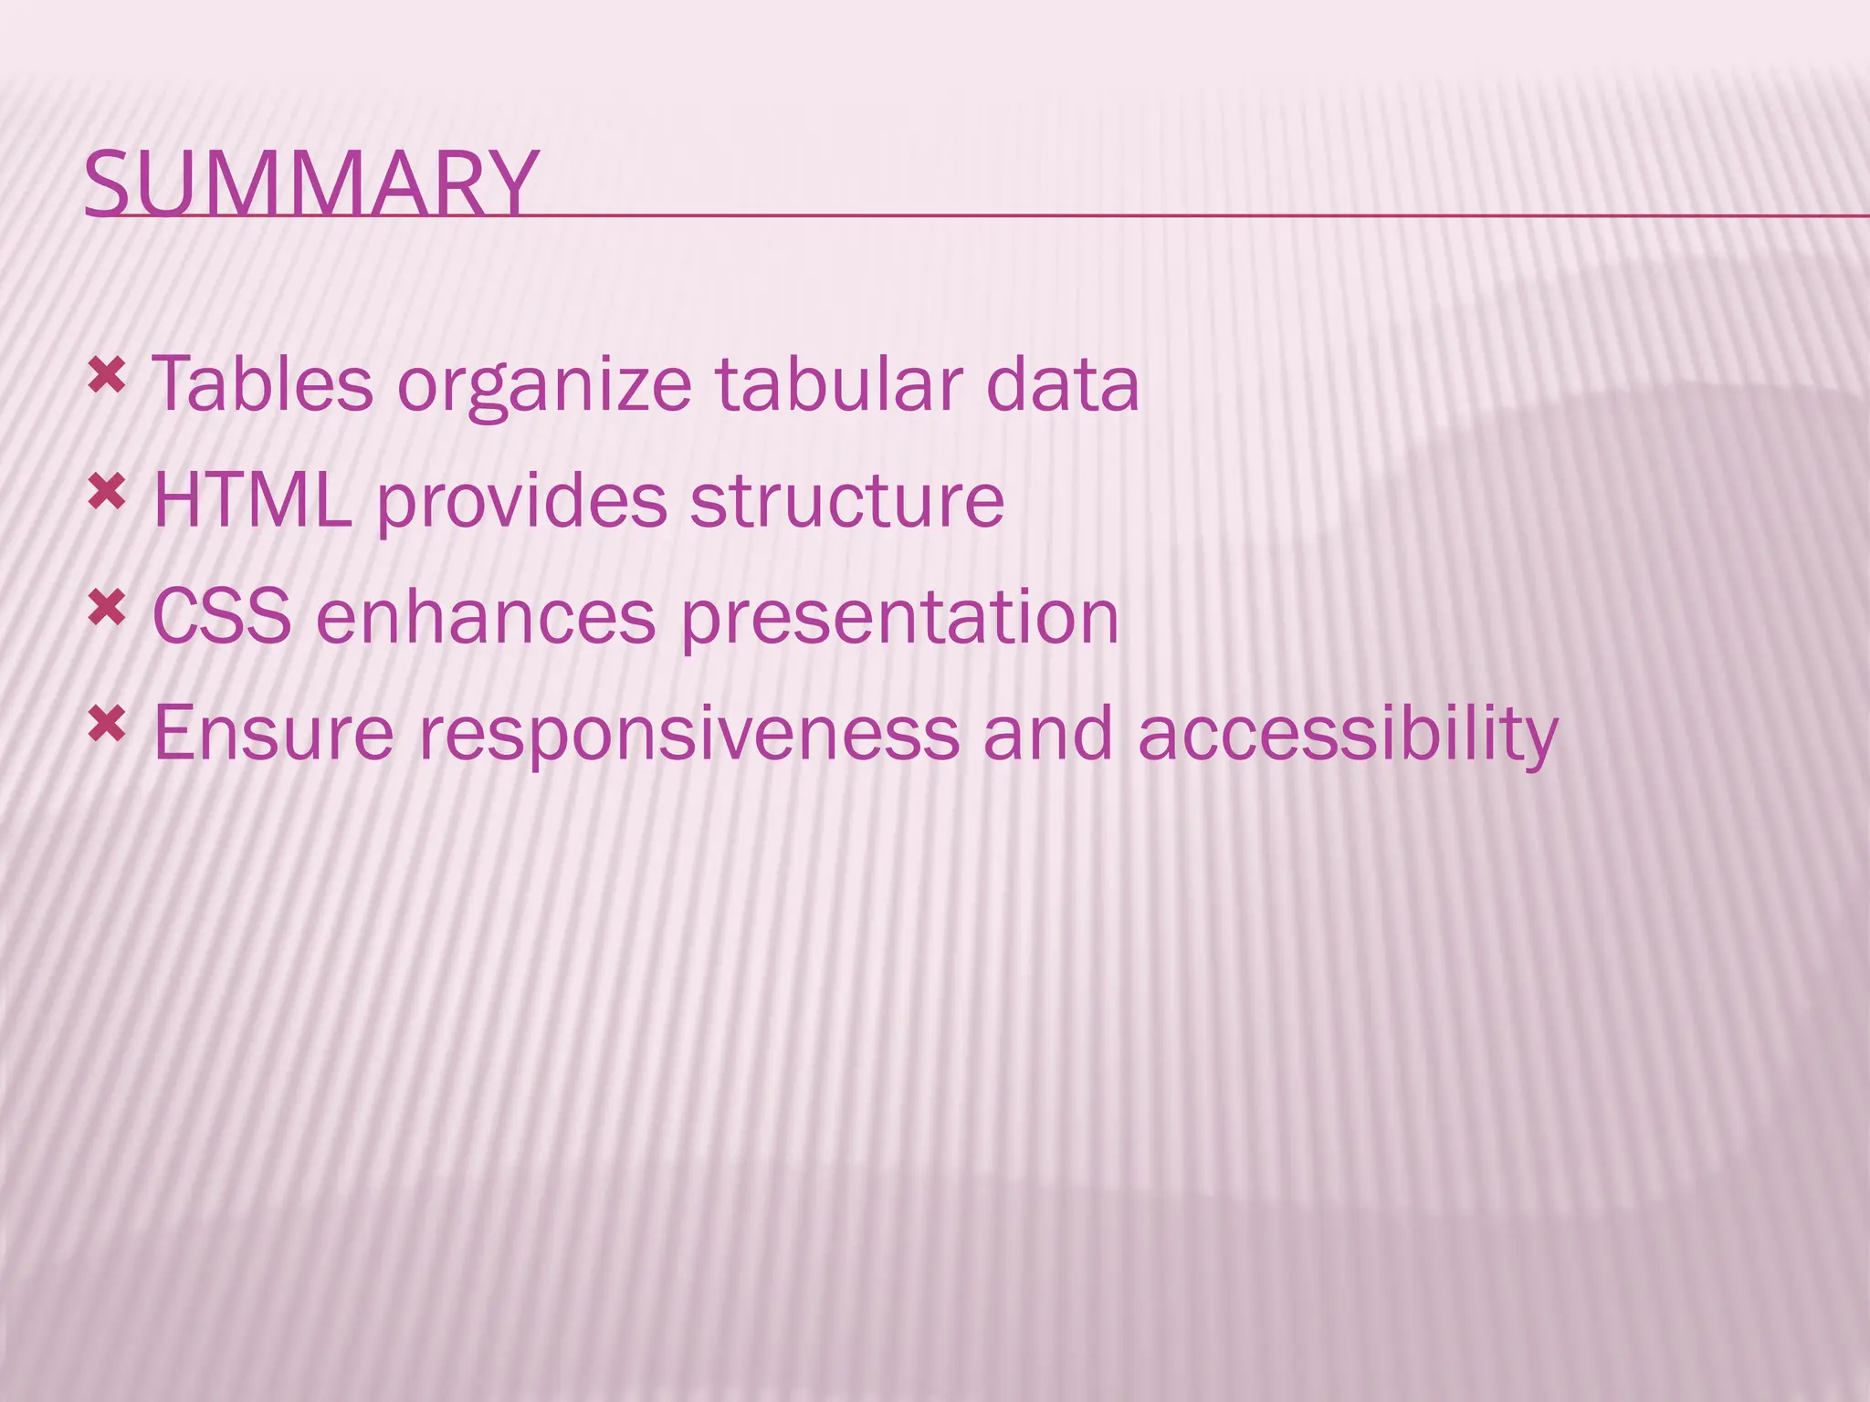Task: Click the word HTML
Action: tap(252, 500)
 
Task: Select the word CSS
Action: tap(222, 617)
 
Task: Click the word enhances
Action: tap(486, 617)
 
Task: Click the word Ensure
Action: tap(273, 733)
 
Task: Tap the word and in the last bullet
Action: tap(1048, 733)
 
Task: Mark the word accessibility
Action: tap(1348, 735)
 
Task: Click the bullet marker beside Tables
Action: tap(107, 375)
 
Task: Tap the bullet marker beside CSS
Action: tap(107, 608)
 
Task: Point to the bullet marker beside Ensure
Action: tap(107, 725)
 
